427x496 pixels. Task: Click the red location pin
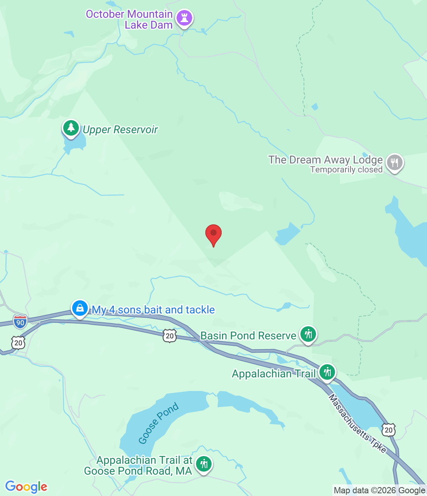click(x=213, y=234)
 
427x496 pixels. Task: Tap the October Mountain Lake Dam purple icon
click(x=184, y=18)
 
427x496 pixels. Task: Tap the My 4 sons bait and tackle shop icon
click(x=80, y=308)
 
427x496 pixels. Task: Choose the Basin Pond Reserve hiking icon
click(x=308, y=334)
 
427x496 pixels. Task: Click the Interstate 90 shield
click(x=20, y=322)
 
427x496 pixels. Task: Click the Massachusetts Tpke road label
click(x=358, y=424)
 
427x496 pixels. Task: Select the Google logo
click(x=26, y=487)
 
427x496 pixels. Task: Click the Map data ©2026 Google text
click(x=379, y=491)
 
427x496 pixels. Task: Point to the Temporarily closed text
click(x=346, y=170)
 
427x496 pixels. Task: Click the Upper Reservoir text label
click(x=120, y=130)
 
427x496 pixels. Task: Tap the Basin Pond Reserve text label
click(x=248, y=336)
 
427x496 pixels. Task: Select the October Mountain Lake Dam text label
click(x=129, y=19)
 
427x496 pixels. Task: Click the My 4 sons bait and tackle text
click(x=153, y=310)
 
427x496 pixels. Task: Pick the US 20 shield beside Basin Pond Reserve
click(x=170, y=336)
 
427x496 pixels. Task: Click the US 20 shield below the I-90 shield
click(x=18, y=343)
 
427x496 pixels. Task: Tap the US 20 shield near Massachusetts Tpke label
click(x=389, y=430)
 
